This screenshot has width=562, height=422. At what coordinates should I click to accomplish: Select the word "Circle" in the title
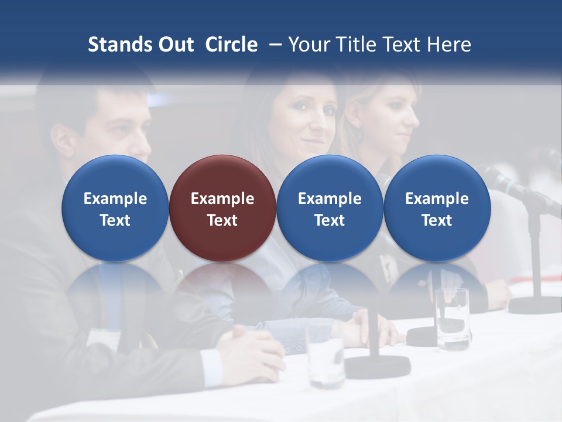point(231,45)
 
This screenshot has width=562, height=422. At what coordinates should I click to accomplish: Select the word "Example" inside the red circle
point(222,199)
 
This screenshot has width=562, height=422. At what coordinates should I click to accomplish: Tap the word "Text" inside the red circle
point(222,220)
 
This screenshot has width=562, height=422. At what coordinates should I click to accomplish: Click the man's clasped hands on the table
point(252,352)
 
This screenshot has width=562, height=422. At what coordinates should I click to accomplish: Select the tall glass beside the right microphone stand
point(452,319)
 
